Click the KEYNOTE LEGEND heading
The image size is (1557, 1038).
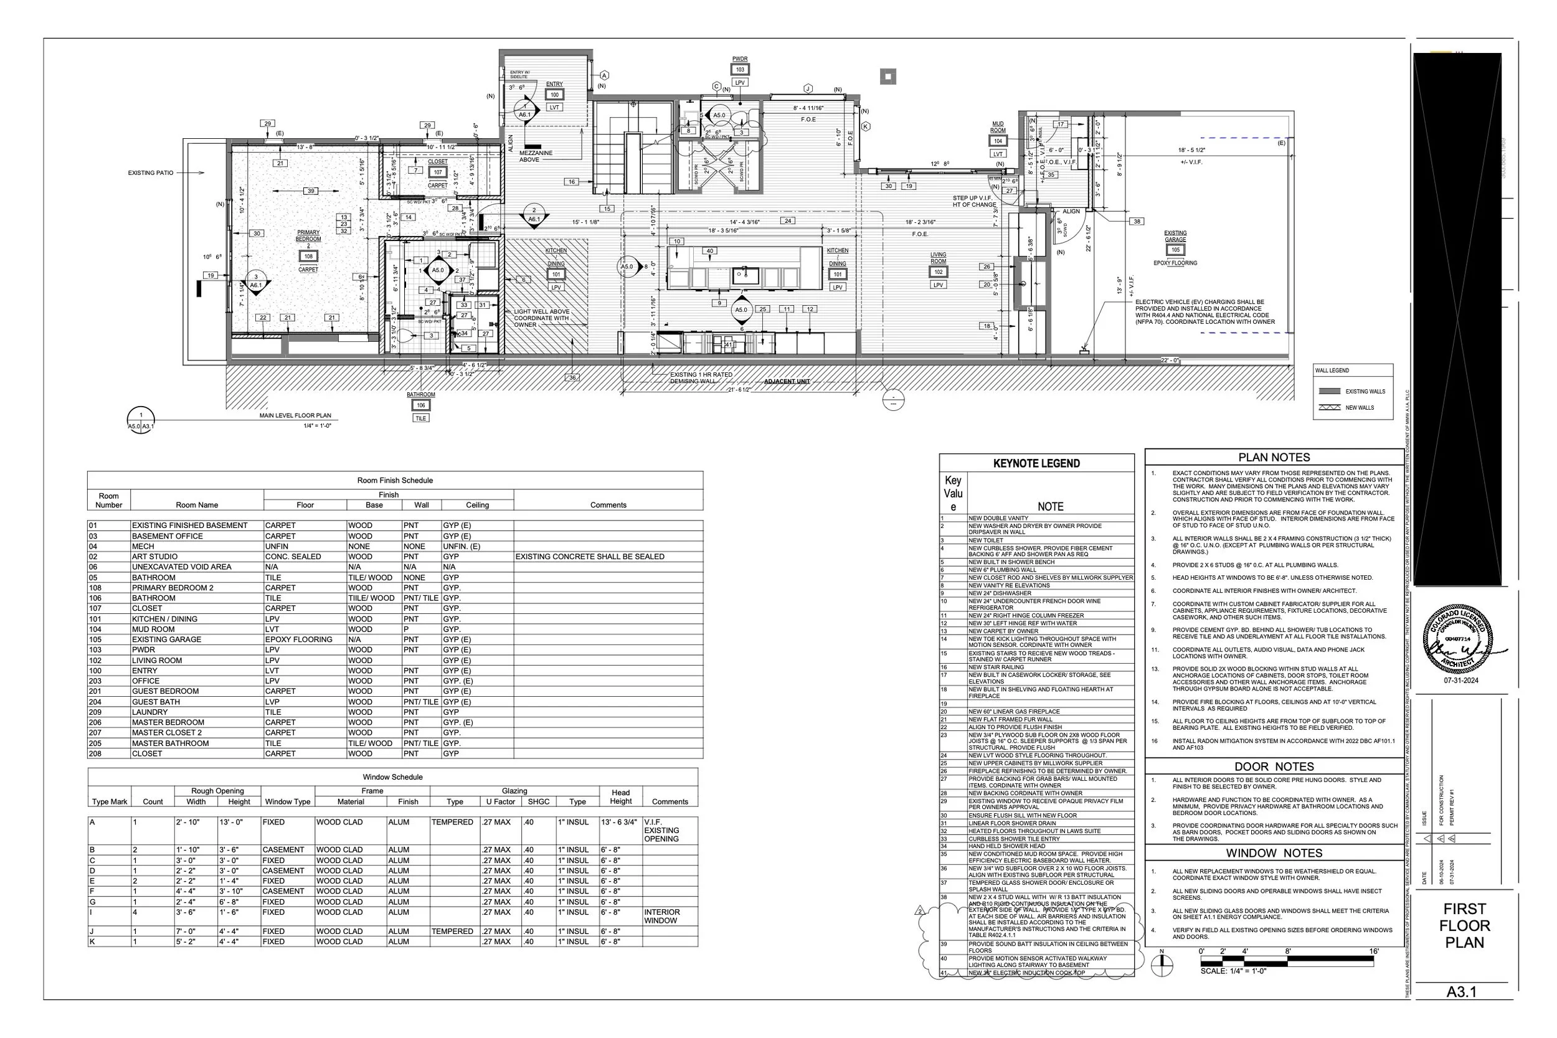click(1036, 463)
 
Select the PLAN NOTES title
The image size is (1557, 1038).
click(1274, 458)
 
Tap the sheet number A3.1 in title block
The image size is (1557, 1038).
click(1461, 992)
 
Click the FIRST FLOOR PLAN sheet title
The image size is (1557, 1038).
click(1464, 925)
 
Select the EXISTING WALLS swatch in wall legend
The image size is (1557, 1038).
click(1329, 391)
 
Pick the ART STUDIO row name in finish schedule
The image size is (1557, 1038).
click(155, 557)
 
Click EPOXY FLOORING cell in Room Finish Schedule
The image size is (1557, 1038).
click(298, 639)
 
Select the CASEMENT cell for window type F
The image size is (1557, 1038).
click(283, 891)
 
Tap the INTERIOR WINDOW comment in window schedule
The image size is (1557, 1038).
click(661, 916)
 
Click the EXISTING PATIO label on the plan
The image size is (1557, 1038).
click(151, 172)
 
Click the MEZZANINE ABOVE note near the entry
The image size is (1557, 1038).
click(536, 156)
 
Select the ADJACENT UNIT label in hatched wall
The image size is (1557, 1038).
click(787, 382)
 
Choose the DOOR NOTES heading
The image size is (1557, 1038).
click(1274, 767)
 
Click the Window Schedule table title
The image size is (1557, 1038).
click(392, 777)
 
